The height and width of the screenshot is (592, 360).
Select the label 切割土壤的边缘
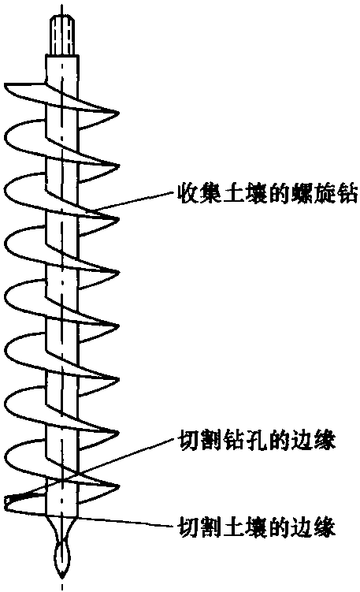click(257, 527)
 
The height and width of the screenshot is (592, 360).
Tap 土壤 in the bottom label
click(247, 527)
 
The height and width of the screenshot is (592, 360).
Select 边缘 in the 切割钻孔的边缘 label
click(314, 440)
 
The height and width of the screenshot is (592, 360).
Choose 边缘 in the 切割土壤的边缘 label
click(314, 527)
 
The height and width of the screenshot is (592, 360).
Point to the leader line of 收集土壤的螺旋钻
click(135, 201)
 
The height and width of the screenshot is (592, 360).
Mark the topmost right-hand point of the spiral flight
click(119, 113)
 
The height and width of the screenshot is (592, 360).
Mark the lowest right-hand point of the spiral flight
click(119, 485)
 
